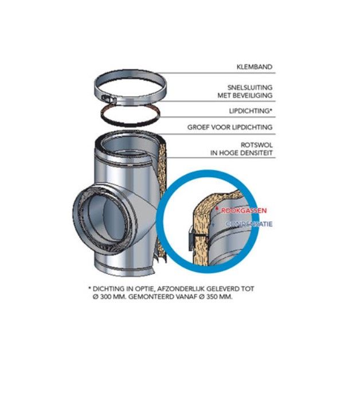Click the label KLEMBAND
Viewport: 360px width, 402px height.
(255, 67)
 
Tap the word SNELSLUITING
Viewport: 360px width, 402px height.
(250, 87)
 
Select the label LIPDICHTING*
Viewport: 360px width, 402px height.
(251, 111)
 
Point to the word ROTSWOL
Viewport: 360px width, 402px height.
(256, 145)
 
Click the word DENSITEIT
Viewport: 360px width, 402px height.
(255, 153)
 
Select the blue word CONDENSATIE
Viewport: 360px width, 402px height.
(249, 224)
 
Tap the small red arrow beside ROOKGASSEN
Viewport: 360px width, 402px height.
(217, 208)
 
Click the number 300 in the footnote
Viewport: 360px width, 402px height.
(106, 297)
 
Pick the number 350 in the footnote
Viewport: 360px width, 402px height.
(213, 297)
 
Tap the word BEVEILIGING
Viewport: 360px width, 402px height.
(256, 95)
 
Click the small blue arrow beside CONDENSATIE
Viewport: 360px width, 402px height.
(213, 225)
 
